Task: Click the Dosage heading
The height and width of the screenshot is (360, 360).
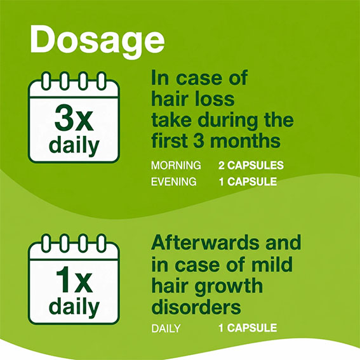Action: click(97, 41)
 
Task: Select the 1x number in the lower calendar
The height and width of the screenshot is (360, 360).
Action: click(74, 279)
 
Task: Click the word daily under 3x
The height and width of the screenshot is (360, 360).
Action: click(74, 145)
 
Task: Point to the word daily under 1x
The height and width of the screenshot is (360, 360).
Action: click(74, 307)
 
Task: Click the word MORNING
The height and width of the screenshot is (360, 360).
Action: click(176, 165)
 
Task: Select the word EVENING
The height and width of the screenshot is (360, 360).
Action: click(173, 182)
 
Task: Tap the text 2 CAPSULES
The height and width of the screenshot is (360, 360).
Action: click(251, 165)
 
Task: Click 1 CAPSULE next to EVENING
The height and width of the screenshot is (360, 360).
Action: click(248, 182)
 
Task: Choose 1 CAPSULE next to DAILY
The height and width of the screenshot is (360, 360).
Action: click(248, 328)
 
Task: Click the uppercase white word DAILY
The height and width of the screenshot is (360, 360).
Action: click(166, 328)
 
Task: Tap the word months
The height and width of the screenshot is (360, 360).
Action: click(245, 140)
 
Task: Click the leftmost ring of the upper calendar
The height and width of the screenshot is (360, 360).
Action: click(46, 81)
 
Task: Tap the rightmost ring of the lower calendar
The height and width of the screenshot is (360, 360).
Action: click(101, 243)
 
